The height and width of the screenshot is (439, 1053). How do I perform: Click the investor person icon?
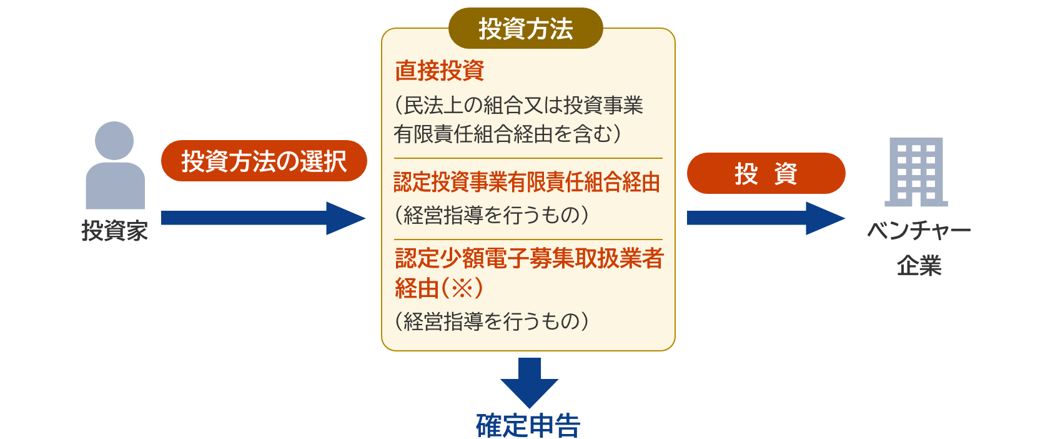[115, 164]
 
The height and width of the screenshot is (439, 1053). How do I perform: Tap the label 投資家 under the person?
[115, 231]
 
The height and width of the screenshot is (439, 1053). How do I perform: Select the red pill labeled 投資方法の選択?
[264, 161]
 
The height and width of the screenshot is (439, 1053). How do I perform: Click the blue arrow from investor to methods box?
[264, 218]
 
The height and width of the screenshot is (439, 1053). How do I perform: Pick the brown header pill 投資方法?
[525, 28]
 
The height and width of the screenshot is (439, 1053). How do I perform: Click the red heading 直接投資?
[440, 71]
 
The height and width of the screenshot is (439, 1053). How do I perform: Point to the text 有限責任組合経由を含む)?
[508, 134]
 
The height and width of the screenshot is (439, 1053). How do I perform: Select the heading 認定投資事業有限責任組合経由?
[527, 183]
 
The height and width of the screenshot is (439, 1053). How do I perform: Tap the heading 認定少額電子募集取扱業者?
[530, 258]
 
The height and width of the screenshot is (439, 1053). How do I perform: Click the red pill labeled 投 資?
[766, 173]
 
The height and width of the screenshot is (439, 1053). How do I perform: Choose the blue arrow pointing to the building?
[766, 218]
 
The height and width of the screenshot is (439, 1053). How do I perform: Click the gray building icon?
[916, 172]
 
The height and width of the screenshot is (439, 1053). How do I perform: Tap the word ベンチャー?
[919, 231]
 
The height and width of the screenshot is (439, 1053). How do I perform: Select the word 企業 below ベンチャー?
[919, 266]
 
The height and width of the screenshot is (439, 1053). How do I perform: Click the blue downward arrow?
[530, 383]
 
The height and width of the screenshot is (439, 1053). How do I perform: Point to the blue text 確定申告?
[528, 425]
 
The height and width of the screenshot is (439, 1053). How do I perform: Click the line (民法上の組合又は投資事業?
[518, 105]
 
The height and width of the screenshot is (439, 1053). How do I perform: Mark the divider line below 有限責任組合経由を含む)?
[528, 158]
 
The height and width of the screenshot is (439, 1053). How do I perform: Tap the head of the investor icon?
[114, 141]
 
